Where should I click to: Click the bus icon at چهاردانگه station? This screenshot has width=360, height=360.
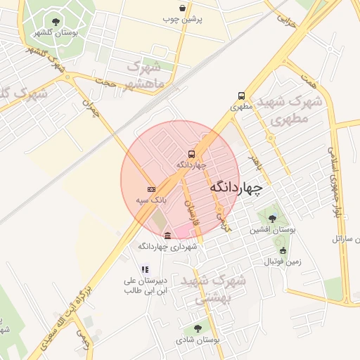coord(192,154)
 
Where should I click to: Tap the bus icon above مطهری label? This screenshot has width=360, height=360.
coord(242,96)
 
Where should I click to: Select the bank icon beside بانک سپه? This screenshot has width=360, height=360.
coord(151,189)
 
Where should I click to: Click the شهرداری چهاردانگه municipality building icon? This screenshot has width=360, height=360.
coord(167,236)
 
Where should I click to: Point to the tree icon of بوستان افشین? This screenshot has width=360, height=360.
coord(272,218)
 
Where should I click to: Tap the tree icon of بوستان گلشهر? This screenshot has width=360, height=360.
coord(56,22)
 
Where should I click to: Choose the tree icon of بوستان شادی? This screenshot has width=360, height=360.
coord(197,328)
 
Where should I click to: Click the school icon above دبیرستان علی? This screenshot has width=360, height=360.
coord(145,269)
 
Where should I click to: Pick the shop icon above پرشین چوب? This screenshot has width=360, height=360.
coord(183,8)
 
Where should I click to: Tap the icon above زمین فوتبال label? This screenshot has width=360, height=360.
coord(283,250)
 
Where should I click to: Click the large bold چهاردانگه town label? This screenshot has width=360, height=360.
coord(236,188)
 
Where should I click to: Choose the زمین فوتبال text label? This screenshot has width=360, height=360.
coord(283,262)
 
